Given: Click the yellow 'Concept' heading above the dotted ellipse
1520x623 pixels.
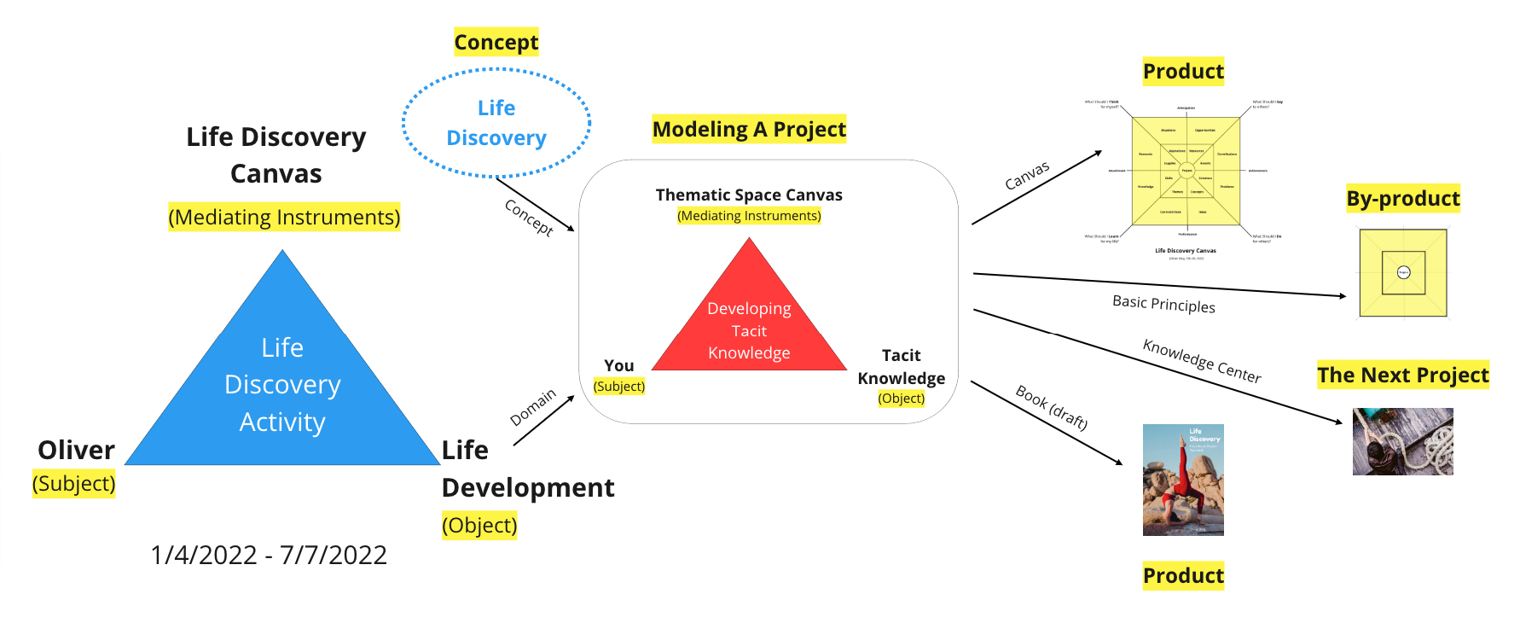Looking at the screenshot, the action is (x=496, y=42).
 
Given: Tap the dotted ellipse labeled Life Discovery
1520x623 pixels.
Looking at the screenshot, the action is (x=496, y=123).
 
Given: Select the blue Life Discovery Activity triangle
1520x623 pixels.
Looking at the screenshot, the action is (x=282, y=384).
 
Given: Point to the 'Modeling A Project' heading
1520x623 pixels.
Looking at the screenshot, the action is (x=749, y=129).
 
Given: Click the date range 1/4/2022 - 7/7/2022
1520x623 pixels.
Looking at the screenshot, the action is (x=269, y=555).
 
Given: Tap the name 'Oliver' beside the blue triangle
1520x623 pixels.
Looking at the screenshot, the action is (x=76, y=450).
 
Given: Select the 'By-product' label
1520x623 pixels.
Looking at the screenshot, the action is (x=1402, y=199).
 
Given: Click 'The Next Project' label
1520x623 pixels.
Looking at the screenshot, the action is (x=1402, y=375).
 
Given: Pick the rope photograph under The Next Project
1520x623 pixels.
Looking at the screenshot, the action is (x=1402, y=441).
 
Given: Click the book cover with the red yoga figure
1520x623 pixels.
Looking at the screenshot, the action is (x=1183, y=480).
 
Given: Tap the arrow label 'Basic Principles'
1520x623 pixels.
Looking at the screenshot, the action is (x=1163, y=305).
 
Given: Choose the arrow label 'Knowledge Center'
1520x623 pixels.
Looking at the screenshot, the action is (x=1201, y=361).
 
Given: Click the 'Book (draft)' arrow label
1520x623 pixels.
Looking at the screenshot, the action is (x=1051, y=408).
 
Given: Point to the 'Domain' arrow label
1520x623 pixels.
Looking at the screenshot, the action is (x=532, y=407).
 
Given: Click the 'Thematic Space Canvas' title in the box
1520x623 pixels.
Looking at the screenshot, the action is (x=749, y=195).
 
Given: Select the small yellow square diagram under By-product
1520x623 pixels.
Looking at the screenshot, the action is (x=1402, y=273).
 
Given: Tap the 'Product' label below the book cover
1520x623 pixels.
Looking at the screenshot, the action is (x=1183, y=576).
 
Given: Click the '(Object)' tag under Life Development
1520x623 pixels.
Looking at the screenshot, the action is (x=479, y=525).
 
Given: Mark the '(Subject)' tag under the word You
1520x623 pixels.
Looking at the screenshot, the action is (x=619, y=387).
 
